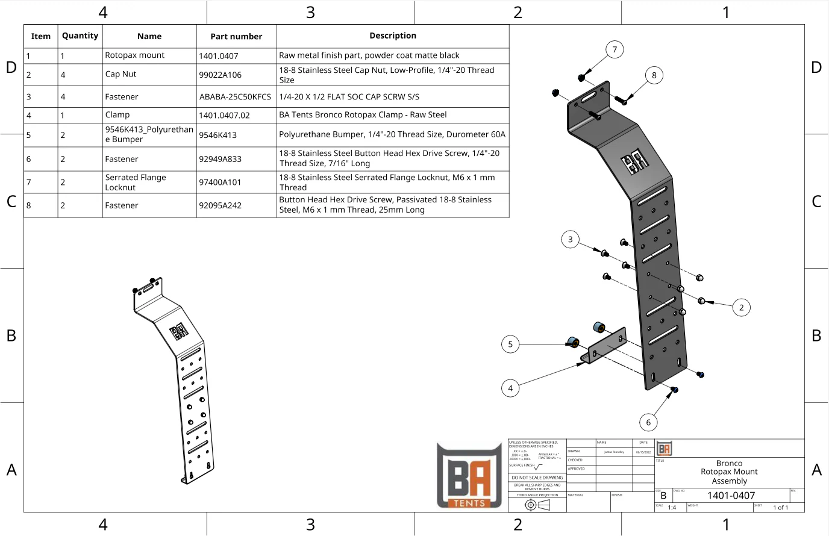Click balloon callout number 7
pyautogui.click(x=615, y=49)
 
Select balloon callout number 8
pyautogui.click(x=654, y=75)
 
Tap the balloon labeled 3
pyautogui.click(x=571, y=239)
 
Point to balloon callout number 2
pyautogui.click(x=742, y=307)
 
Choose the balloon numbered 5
pyautogui.click(x=510, y=344)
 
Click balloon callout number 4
pyautogui.click(x=510, y=388)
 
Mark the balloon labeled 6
pyautogui.click(x=648, y=422)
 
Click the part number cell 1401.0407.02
pyautogui.click(x=224, y=115)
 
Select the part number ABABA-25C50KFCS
pyautogui.click(x=235, y=96)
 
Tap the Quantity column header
pyautogui.click(x=80, y=36)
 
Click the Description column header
pyautogui.click(x=393, y=36)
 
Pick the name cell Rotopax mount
pyautogui.click(x=135, y=55)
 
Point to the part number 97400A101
pyautogui.click(x=220, y=182)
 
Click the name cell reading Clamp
pyautogui.click(x=117, y=115)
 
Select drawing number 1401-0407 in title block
pyautogui.click(x=731, y=495)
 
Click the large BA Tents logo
pyautogui.click(x=469, y=476)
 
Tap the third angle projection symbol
pyautogui.click(x=537, y=505)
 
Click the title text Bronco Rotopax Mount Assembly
pyautogui.click(x=729, y=472)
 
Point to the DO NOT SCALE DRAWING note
pyautogui.click(x=537, y=478)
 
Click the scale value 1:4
pyautogui.click(x=672, y=508)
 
